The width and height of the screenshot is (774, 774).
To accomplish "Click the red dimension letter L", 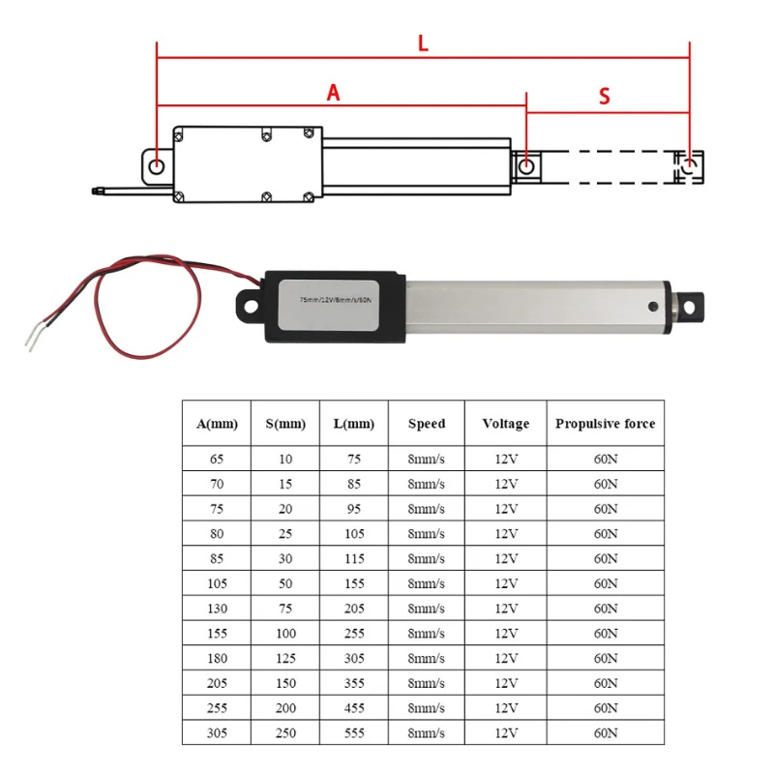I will (x=423, y=44).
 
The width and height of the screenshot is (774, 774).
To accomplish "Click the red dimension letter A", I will (x=334, y=93).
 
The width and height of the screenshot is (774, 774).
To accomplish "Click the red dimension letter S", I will (x=605, y=96).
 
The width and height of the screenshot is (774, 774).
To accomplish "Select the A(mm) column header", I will (x=217, y=424).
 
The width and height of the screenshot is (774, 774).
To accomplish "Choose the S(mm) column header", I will (x=285, y=424).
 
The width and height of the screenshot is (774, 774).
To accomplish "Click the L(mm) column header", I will (x=353, y=424).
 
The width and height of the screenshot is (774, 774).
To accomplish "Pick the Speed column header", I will (x=427, y=424).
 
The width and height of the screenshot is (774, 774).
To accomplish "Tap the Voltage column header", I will (x=505, y=424).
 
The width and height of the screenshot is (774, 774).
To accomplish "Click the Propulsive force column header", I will (x=606, y=424).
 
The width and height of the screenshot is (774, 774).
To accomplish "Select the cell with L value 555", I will (x=353, y=732).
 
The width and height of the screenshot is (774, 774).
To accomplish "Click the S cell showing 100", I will (x=285, y=633).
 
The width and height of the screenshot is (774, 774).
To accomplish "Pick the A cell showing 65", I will (x=217, y=459).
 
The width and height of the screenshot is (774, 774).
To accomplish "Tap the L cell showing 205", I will (x=353, y=608).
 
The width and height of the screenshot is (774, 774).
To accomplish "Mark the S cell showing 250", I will (x=285, y=732).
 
